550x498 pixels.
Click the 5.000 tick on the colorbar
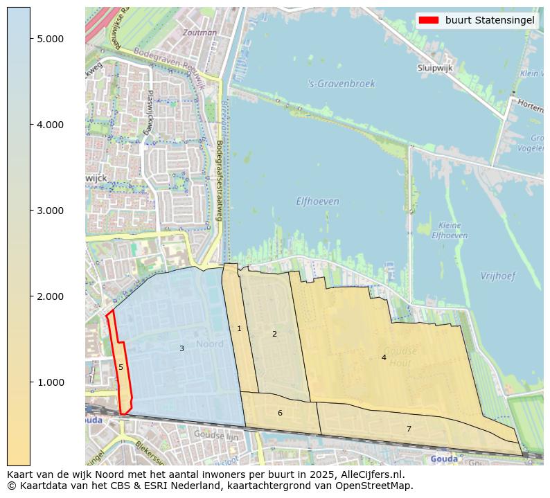click(x=51, y=39)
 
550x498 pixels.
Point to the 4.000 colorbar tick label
click(x=51, y=125)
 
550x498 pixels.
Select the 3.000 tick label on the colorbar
click(x=51, y=211)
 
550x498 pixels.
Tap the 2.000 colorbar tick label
click(x=51, y=296)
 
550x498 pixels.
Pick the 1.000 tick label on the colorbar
click(x=51, y=382)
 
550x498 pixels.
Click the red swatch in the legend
click(x=429, y=20)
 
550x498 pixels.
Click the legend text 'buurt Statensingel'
click(x=490, y=20)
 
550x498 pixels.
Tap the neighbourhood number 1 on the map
click(x=240, y=328)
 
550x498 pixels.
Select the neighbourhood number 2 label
click(x=274, y=334)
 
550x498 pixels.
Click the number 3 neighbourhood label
click(x=181, y=348)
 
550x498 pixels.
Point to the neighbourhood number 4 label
click(x=384, y=357)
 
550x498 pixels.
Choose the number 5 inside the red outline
click(x=121, y=367)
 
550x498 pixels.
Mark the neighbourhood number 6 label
click(x=280, y=413)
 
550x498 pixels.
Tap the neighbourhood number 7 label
click(x=409, y=429)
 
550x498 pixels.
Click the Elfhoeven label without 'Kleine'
click(x=317, y=202)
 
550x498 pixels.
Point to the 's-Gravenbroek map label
click(x=341, y=84)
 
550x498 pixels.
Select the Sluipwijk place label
click(x=435, y=68)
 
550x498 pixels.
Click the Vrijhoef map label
click(x=498, y=276)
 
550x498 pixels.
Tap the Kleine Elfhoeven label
click(x=449, y=231)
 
